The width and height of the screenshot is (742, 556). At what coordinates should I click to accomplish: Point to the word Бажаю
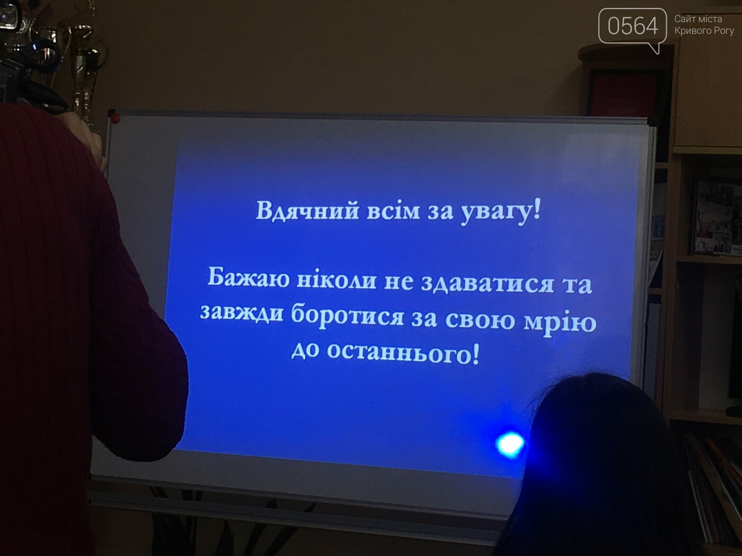[249, 277]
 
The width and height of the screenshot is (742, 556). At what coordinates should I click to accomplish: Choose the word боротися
[348, 316]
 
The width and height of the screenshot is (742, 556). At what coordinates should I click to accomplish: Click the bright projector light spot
[510, 444]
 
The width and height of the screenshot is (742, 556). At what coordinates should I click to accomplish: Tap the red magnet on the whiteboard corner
[115, 118]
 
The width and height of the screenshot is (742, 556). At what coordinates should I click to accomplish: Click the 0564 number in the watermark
[632, 26]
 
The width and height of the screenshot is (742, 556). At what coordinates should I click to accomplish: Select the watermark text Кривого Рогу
[704, 31]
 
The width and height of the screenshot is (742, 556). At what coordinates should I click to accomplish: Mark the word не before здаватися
[399, 282]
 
